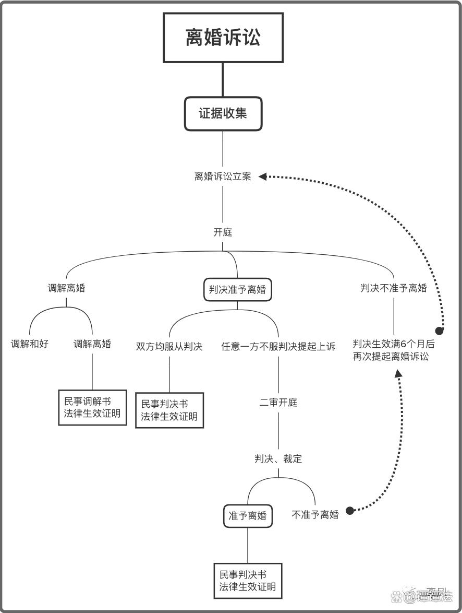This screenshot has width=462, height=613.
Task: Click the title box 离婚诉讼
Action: tap(223, 38)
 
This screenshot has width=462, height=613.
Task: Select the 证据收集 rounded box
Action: tap(223, 113)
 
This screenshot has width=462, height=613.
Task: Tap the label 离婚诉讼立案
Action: tap(223, 176)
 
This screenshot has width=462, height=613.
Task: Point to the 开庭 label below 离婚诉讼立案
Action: tap(223, 232)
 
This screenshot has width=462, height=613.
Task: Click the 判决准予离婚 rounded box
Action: tap(237, 289)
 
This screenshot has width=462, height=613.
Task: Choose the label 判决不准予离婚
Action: tap(394, 288)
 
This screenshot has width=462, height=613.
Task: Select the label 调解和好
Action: tap(30, 344)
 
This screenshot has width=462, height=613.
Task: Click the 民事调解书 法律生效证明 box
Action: tap(92, 407)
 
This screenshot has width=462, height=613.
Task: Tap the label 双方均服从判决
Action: tap(169, 346)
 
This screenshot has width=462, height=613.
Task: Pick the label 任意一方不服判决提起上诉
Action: tap(278, 346)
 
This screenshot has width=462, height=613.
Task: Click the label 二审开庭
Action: tap(278, 403)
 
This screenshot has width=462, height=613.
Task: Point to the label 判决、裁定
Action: tap(278, 459)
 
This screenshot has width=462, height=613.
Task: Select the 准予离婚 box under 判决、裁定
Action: tap(248, 516)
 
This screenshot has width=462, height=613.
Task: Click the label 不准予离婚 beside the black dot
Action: tap(315, 515)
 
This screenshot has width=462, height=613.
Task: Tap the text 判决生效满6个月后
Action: tap(394, 345)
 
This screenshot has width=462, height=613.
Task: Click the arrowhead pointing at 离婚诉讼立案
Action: tap(263, 176)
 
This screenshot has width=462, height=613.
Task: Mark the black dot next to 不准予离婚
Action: tap(350, 511)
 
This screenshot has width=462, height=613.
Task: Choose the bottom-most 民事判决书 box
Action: tap(248, 581)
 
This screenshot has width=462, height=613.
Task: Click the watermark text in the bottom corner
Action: tap(429, 596)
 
